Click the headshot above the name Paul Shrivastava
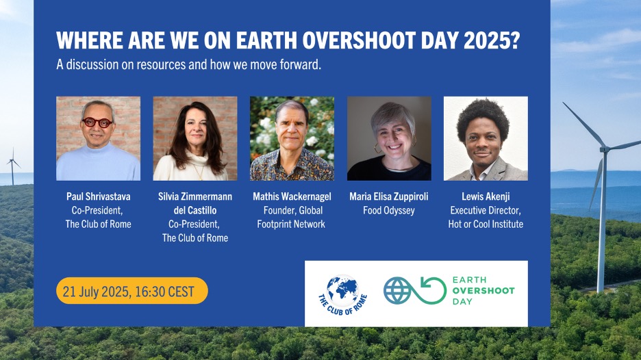tap(98, 138)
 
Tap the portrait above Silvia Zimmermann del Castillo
tap(195, 138)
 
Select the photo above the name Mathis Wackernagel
tap(292, 138)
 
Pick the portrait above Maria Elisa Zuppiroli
tap(389, 138)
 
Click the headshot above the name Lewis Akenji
tap(486, 138)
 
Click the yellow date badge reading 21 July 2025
tap(132, 291)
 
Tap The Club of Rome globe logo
tap(342, 294)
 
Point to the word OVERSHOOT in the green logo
tap(483, 291)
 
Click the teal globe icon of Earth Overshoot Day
tap(397, 291)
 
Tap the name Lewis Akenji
tap(486, 196)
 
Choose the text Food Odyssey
tap(389, 210)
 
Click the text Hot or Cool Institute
tap(486, 224)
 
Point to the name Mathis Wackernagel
tap(292, 196)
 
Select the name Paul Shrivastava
tap(98, 196)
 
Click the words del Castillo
tap(195, 210)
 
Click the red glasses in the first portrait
tap(97, 123)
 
